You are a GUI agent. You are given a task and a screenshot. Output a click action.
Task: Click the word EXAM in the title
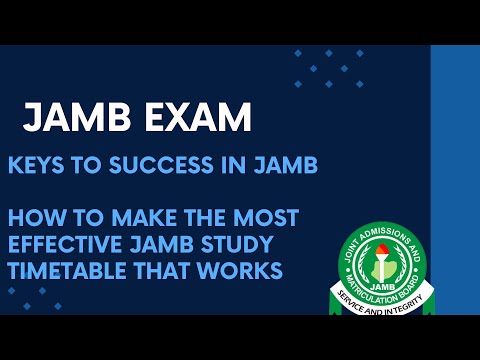pyautogui.click(x=195, y=119)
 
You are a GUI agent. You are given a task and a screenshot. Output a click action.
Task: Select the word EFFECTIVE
pyautogui.click(x=69, y=243)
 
